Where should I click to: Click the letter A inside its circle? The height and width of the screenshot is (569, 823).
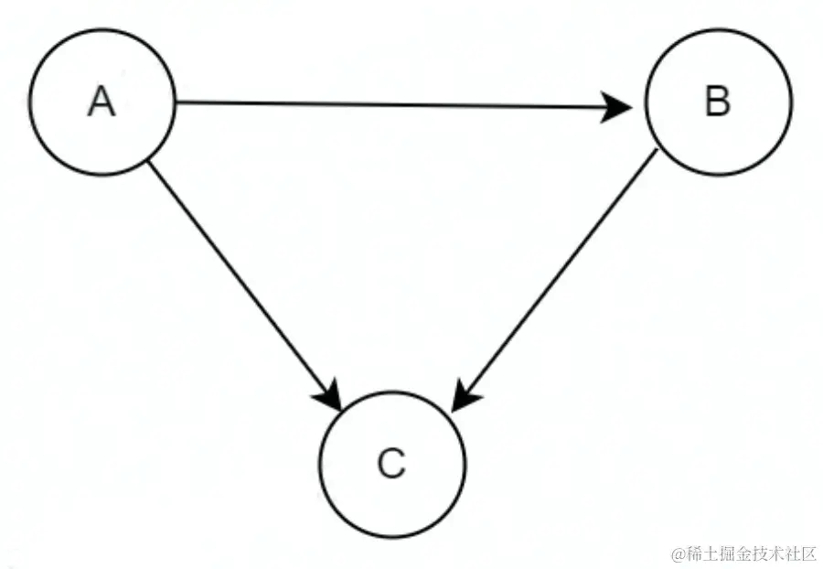(102, 102)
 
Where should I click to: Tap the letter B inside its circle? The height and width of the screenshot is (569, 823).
(719, 102)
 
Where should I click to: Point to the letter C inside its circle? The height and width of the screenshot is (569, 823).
(391, 465)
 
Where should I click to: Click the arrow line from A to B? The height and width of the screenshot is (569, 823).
(393, 105)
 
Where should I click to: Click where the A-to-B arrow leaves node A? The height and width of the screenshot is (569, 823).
(176, 102)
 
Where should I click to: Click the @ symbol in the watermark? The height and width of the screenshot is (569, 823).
(679, 553)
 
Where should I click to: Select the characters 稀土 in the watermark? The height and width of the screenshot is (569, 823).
(700, 553)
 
